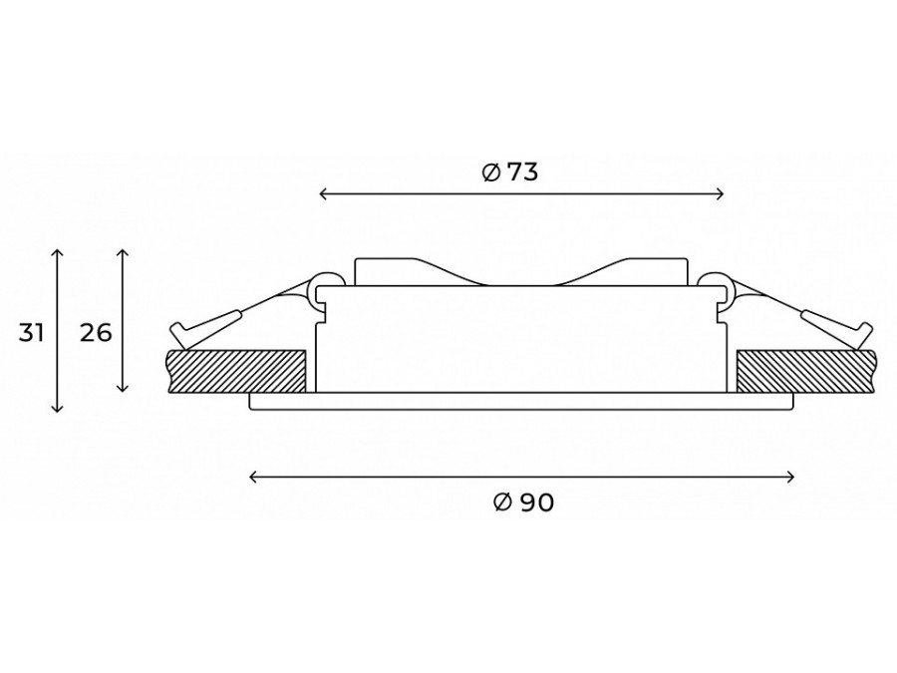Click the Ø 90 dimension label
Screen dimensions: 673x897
coord(523,504)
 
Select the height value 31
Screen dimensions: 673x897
coord(32,333)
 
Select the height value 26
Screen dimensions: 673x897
coord(96,333)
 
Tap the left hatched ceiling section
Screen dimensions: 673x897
coord(237,371)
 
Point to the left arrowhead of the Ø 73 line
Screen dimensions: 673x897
coord(322,195)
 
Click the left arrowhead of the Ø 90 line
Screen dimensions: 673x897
coord(251,478)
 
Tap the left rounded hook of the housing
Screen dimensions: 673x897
coord(323,286)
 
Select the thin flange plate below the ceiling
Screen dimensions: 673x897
coord(521,401)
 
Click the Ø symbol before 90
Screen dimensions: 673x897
coord(501,504)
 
